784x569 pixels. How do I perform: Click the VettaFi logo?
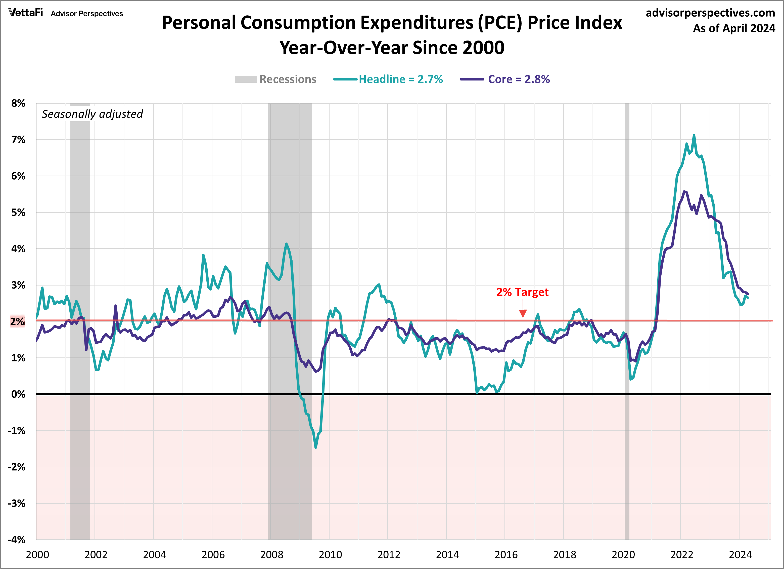click(26, 13)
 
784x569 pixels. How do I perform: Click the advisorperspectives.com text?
click(710, 13)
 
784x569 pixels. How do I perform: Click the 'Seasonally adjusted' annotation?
click(92, 114)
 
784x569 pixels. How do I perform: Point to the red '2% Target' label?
click(522, 292)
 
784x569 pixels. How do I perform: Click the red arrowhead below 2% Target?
click(523, 314)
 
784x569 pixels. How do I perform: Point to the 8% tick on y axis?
click(18, 103)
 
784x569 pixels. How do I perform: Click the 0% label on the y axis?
click(18, 394)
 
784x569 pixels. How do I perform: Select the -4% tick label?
click(17, 540)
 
